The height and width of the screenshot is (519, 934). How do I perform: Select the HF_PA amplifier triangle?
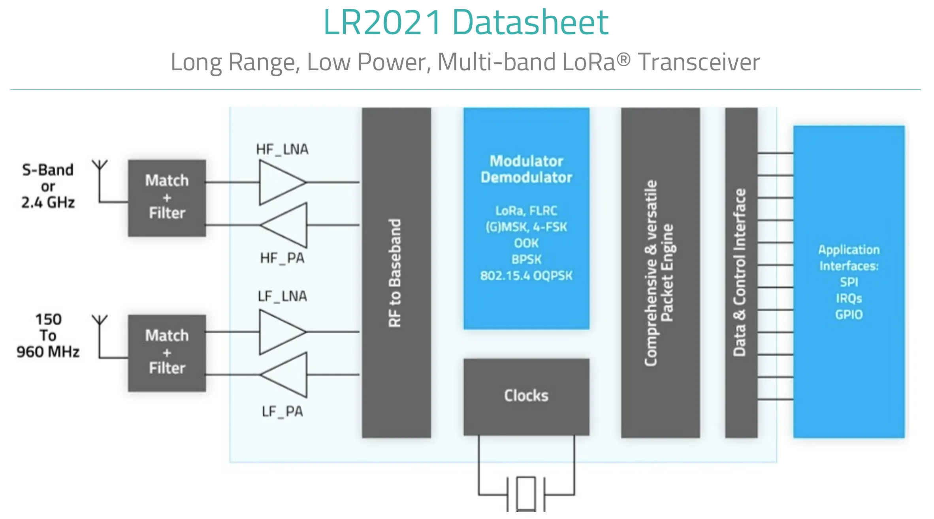(x=286, y=225)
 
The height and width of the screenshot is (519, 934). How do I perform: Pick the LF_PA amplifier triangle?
(x=286, y=375)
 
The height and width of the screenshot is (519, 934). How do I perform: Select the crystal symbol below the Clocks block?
(x=526, y=494)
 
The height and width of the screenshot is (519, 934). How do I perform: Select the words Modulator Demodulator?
(x=526, y=169)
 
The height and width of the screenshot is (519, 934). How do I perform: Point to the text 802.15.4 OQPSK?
(x=526, y=275)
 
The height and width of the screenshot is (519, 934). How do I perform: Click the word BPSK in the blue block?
(x=526, y=259)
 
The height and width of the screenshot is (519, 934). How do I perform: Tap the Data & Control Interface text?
(x=740, y=272)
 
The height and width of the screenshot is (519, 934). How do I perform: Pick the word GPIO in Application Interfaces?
(x=849, y=315)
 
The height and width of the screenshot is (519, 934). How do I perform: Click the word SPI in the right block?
(x=849, y=282)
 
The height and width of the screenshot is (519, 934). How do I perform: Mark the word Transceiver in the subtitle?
(x=699, y=62)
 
